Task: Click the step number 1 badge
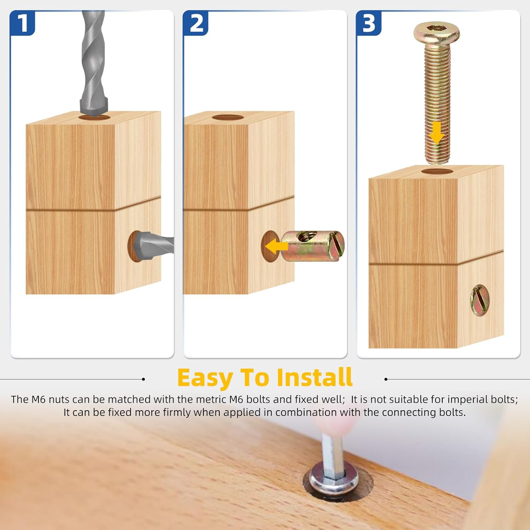[22, 23]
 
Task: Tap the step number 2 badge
[196, 23]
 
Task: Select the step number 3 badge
[369, 23]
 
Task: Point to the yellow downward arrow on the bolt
[437, 133]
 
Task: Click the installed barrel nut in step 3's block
[479, 300]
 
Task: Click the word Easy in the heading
[205, 378]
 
